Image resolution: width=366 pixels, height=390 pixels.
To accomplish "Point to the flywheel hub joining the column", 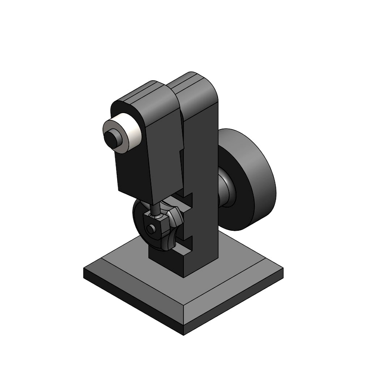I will [x=227, y=188].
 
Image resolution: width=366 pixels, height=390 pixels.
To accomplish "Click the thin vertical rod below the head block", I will [x=154, y=209].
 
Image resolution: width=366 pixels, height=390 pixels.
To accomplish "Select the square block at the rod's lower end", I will [x=156, y=226].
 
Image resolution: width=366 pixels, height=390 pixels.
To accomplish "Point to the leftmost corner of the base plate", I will [x=84, y=273].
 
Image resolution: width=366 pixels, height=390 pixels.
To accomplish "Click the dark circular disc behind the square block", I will [x=139, y=217].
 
